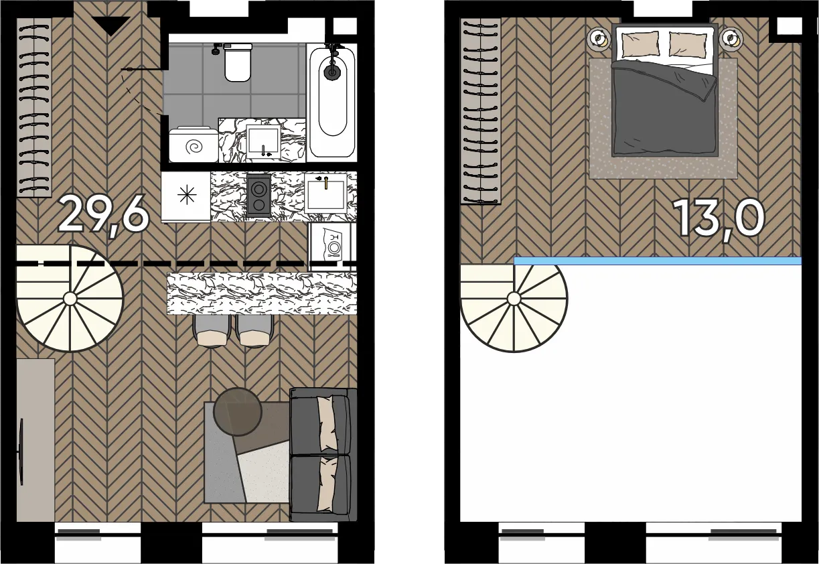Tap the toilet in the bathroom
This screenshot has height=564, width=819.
click(238, 62)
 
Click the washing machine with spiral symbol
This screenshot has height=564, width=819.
click(194, 145)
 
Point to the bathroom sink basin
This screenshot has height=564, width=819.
click(263, 141)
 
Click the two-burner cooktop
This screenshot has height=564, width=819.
click(259, 196)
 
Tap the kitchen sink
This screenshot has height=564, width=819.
click(325, 193)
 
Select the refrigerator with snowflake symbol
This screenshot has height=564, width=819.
click(186, 196)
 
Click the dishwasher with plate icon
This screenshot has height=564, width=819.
click(332, 246)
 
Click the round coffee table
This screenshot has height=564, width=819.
click(238, 411)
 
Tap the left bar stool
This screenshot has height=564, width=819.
click(212, 331)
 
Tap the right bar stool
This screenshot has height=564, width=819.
click(254, 331)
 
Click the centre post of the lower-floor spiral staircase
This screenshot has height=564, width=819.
click(70, 299)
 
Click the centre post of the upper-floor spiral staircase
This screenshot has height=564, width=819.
click(514, 299)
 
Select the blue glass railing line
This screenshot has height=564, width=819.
click(658, 261)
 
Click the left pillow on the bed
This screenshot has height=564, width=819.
click(640, 44)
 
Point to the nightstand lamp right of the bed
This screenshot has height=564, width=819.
click(731, 38)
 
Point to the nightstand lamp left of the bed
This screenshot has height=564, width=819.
click(599, 38)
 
